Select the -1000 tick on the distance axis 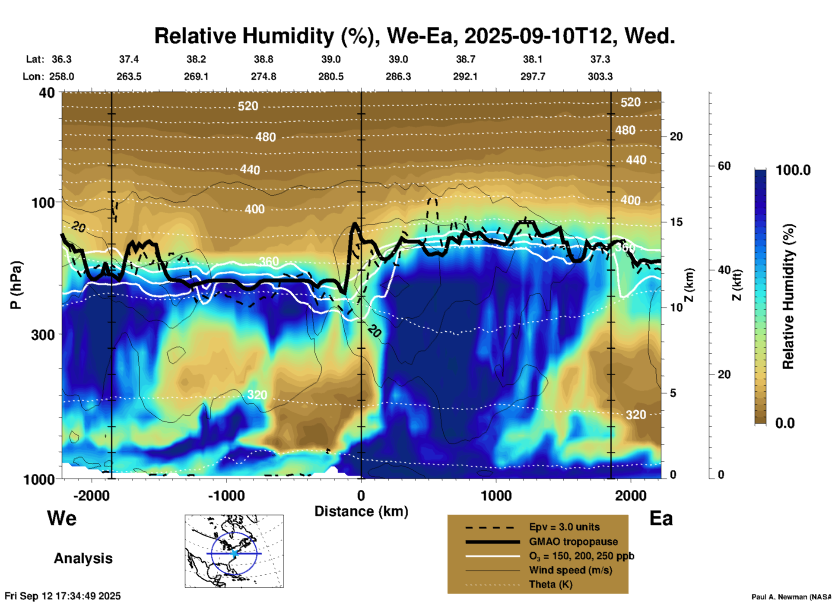[x=226, y=495]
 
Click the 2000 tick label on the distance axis [x=631, y=495]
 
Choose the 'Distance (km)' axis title [x=361, y=511]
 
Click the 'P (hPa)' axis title [x=16, y=285]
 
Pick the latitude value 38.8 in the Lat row [x=263, y=59]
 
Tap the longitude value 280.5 [x=331, y=76]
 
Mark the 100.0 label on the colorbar [x=793, y=170]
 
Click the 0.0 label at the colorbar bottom [x=785, y=423]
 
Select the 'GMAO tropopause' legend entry [x=573, y=542]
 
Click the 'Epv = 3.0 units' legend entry [x=564, y=527]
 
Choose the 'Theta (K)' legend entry [x=550, y=584]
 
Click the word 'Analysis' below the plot [x=83, y=558]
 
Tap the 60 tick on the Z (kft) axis [x=724, y=166]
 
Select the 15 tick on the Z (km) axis [x=676, y=222]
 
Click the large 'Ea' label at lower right [x=661, y=519]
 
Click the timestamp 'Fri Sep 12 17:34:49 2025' [x=63, y=596]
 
